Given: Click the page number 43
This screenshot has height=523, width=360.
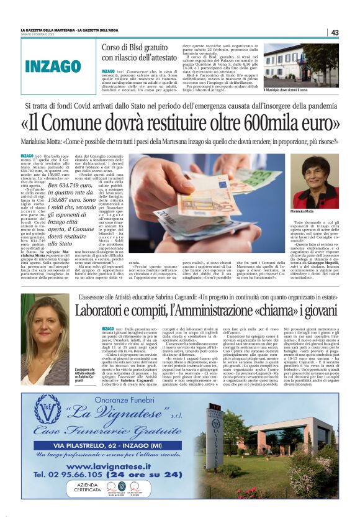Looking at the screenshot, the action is point(335,32).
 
